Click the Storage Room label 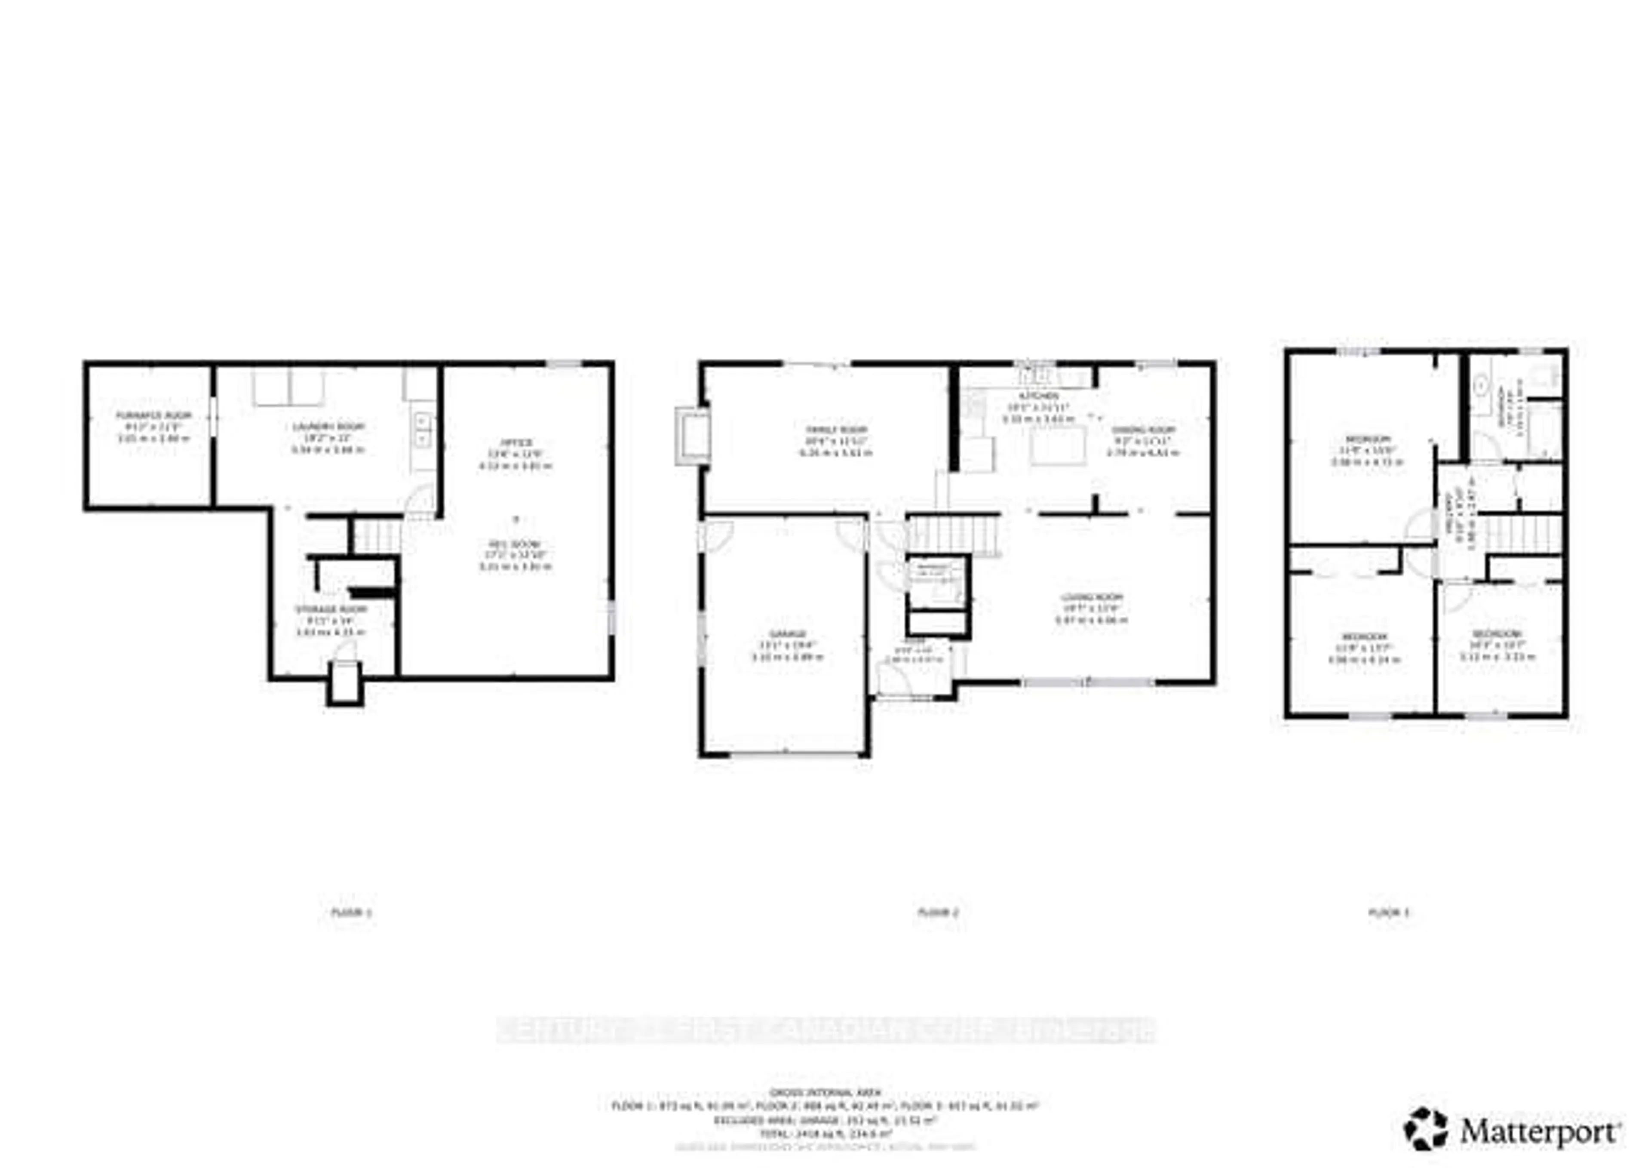331,609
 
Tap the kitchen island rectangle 1057,445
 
